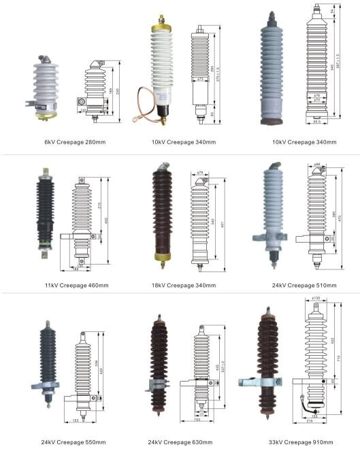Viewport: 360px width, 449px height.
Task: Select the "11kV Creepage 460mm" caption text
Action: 76,285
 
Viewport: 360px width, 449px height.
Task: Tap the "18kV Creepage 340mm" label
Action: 186,285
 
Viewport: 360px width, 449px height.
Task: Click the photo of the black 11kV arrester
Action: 46,214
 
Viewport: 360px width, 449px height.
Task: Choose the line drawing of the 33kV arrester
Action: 314,364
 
